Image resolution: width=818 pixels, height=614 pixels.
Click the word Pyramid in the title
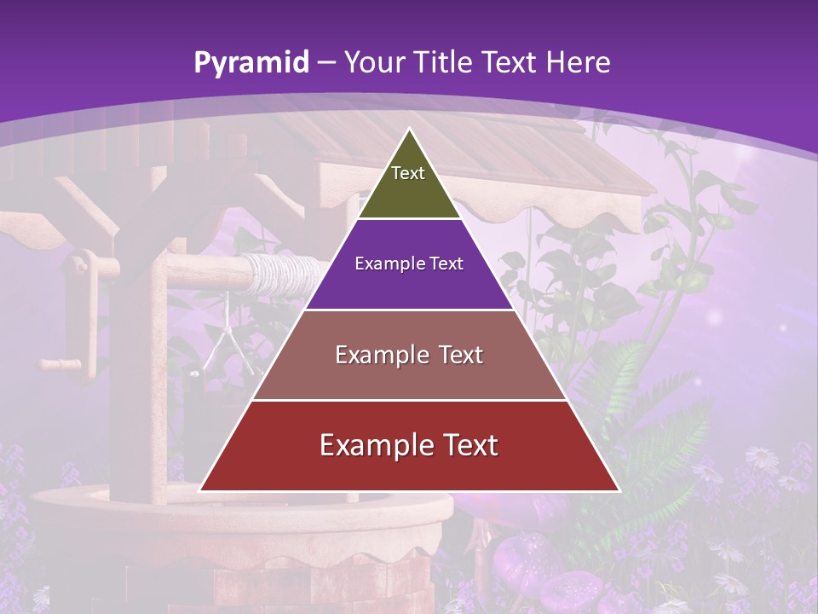251,62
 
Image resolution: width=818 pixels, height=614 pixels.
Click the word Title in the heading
445,62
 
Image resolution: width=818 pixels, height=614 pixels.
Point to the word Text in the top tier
408,173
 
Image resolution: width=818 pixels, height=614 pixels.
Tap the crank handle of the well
60,364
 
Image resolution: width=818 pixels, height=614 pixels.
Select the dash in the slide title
326,63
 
